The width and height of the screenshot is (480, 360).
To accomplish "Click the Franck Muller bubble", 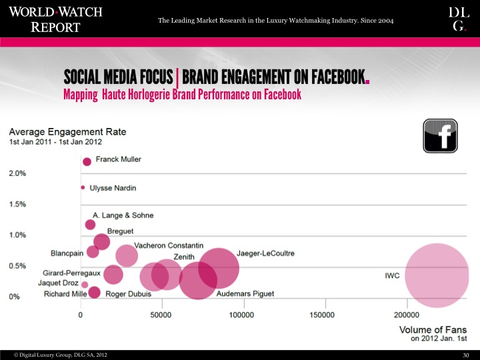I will pos(87,161).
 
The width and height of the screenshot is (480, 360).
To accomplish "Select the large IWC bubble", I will pos(437,275).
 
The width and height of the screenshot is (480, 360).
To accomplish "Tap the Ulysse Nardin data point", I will pos(83,187).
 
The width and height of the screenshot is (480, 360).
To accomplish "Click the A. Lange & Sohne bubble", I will pos(90,225).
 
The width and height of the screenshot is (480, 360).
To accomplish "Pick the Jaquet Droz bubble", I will pos(85,285).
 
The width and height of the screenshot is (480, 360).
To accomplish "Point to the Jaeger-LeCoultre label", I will pos(265,254).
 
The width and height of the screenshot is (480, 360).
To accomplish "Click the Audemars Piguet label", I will pos(245,294).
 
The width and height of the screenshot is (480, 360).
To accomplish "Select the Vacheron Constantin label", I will pos(169,245).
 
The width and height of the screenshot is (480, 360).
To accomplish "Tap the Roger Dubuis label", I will pos(128,294).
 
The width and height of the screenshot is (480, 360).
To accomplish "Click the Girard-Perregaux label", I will pos(71,273).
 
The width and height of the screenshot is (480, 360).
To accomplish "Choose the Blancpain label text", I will pos(67,253).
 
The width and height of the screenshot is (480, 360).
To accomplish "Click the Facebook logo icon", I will pos(440,135).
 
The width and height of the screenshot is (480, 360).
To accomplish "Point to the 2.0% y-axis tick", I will pos(17,173).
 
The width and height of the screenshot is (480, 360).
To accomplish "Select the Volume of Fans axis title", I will pos(432,331).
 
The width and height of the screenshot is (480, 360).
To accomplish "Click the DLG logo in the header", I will pos(459,19).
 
